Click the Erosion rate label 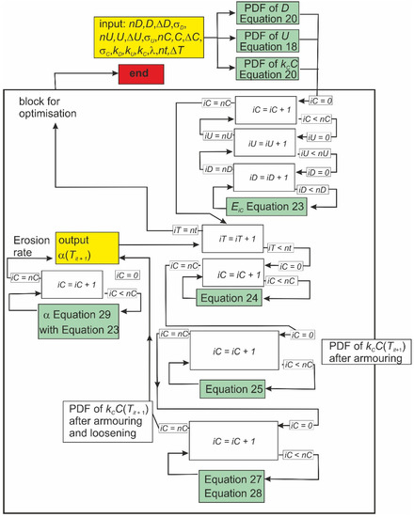coord(27,246)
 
